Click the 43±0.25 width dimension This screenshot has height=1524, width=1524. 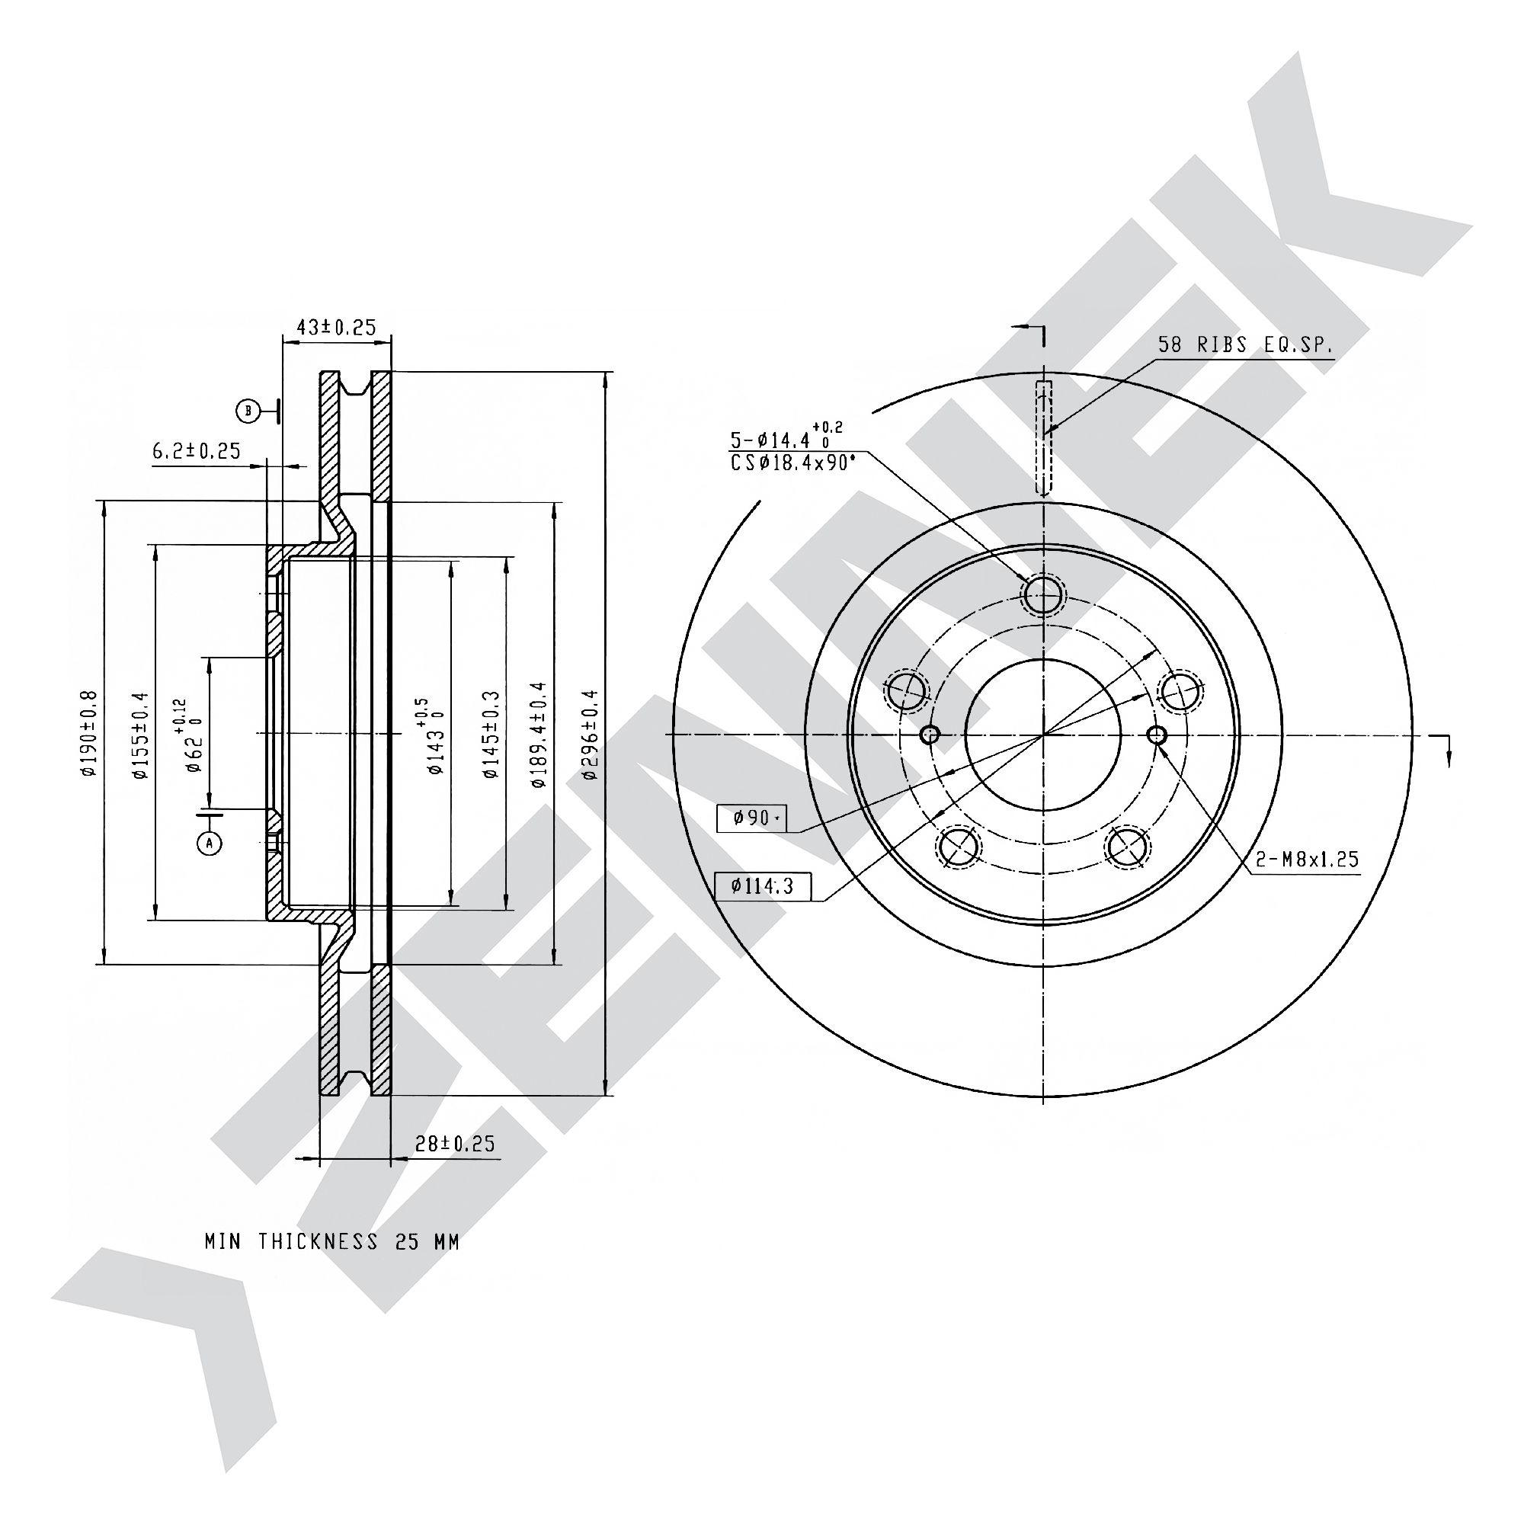(336, 327)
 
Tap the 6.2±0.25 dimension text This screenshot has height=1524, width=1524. (197, 451)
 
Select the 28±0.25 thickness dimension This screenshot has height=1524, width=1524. (455, 1143)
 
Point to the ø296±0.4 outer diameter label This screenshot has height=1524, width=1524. (590, 735)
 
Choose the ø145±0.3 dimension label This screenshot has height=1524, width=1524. (491, 735)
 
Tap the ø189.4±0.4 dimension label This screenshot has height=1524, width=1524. (539, 735)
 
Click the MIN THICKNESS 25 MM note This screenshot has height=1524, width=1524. (332, 1241)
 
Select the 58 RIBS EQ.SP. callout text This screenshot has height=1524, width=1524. (1247, 344)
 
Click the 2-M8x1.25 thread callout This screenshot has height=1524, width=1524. (1307, 859)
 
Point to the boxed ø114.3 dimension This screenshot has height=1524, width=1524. (762, 887)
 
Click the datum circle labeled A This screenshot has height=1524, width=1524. (209, 844)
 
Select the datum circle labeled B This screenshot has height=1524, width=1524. (248, 410)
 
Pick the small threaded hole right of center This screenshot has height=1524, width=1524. (1157, 735)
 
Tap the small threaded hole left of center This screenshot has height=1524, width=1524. (930, 735)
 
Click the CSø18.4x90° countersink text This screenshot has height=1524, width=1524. (792, 463)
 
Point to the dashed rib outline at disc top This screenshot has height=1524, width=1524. (1043, 439)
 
